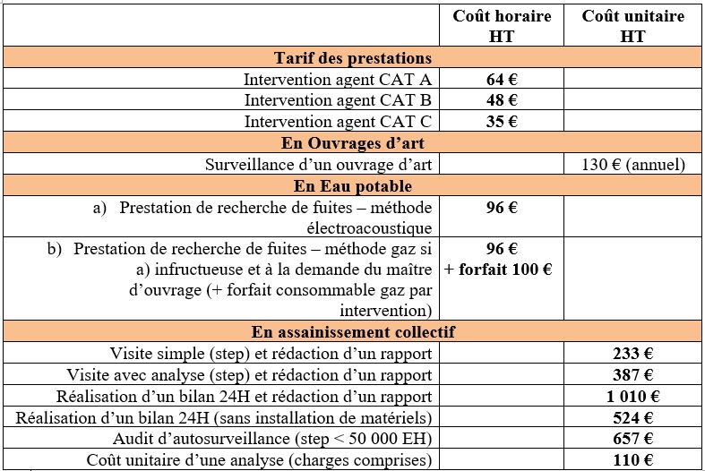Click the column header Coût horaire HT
point(502,26)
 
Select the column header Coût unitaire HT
point(632,26)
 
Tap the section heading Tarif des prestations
point(352,58)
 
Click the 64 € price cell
point(502,79)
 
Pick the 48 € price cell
point(502,100)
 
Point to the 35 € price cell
point(502,122)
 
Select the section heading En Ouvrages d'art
point(352,143)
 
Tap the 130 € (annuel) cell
point(632,165)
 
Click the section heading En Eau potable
point(352,186)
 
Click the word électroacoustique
point(369,228)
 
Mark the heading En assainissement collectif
point(352,332)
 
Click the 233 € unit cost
point(632,354)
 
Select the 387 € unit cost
point(632,375)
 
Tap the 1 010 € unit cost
point(632,397)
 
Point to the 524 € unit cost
point(632,418)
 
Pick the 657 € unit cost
point(632,439)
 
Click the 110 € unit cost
point(632,460)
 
